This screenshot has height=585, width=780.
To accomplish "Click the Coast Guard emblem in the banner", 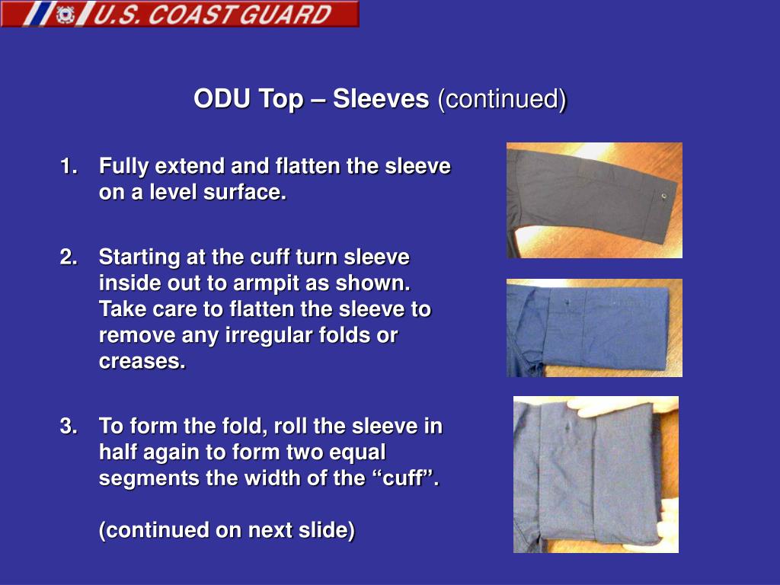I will pyautogui.click(x=66, y=14).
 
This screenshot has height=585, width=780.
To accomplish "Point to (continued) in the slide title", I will pyautogui.click(x=501, y=99).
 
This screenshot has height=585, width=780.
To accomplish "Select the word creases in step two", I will pyautogui.click(x=142, y=362).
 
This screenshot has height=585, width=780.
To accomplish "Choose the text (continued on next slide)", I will pyautogui.click(x=226, y=530).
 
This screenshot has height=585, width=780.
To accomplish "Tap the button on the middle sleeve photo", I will pyautogui.click(x=568, y=301).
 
